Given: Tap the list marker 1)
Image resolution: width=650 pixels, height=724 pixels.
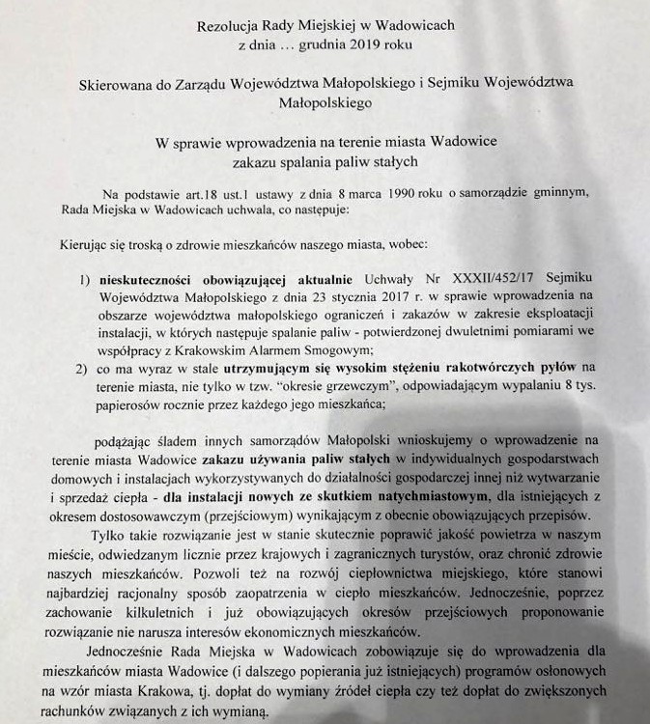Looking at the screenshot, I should [x=85, y=281].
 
